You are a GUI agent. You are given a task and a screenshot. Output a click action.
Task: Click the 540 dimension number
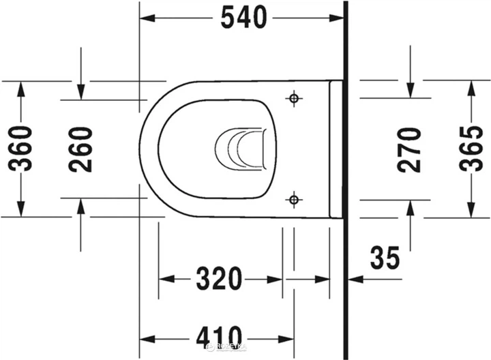(243, 18)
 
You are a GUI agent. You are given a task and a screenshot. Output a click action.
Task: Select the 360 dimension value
(20, 149)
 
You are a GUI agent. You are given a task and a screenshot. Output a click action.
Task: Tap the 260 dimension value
(81, 149)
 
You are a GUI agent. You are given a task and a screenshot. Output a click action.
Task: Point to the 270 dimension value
(410, 149)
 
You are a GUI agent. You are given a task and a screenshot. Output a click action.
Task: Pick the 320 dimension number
(220, 278)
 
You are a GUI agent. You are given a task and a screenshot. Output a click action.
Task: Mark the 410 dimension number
(220, 336)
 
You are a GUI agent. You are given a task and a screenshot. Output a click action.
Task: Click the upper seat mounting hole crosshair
(294, 100)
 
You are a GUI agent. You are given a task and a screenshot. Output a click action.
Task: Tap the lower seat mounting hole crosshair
(294, 200)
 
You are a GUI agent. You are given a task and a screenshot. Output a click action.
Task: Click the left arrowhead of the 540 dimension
(147, 18)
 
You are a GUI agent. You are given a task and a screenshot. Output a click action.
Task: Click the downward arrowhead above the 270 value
(411, 92)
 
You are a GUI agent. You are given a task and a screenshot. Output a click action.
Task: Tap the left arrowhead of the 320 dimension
(166, 278)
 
